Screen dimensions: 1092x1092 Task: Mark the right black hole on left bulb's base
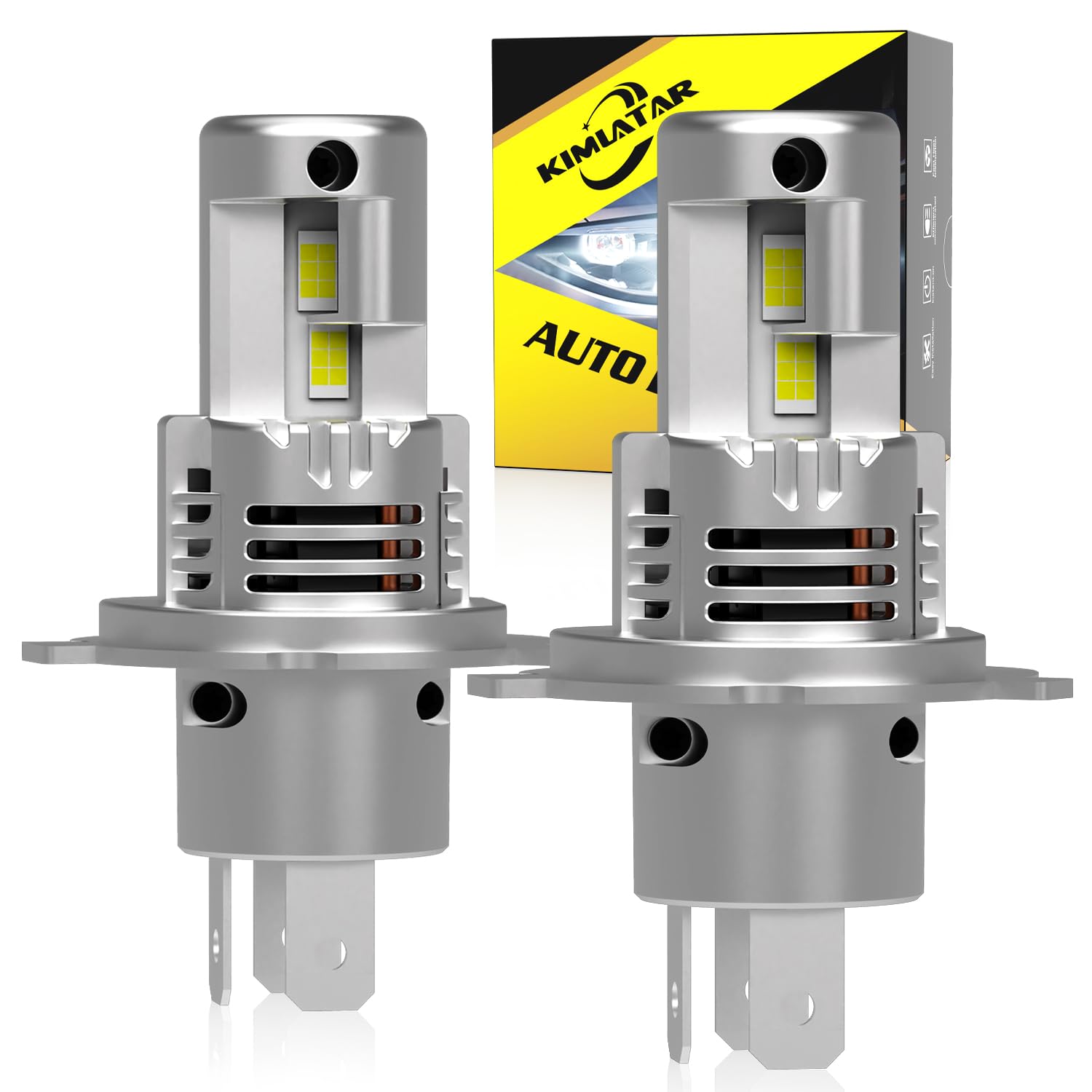[x=431, y=698]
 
